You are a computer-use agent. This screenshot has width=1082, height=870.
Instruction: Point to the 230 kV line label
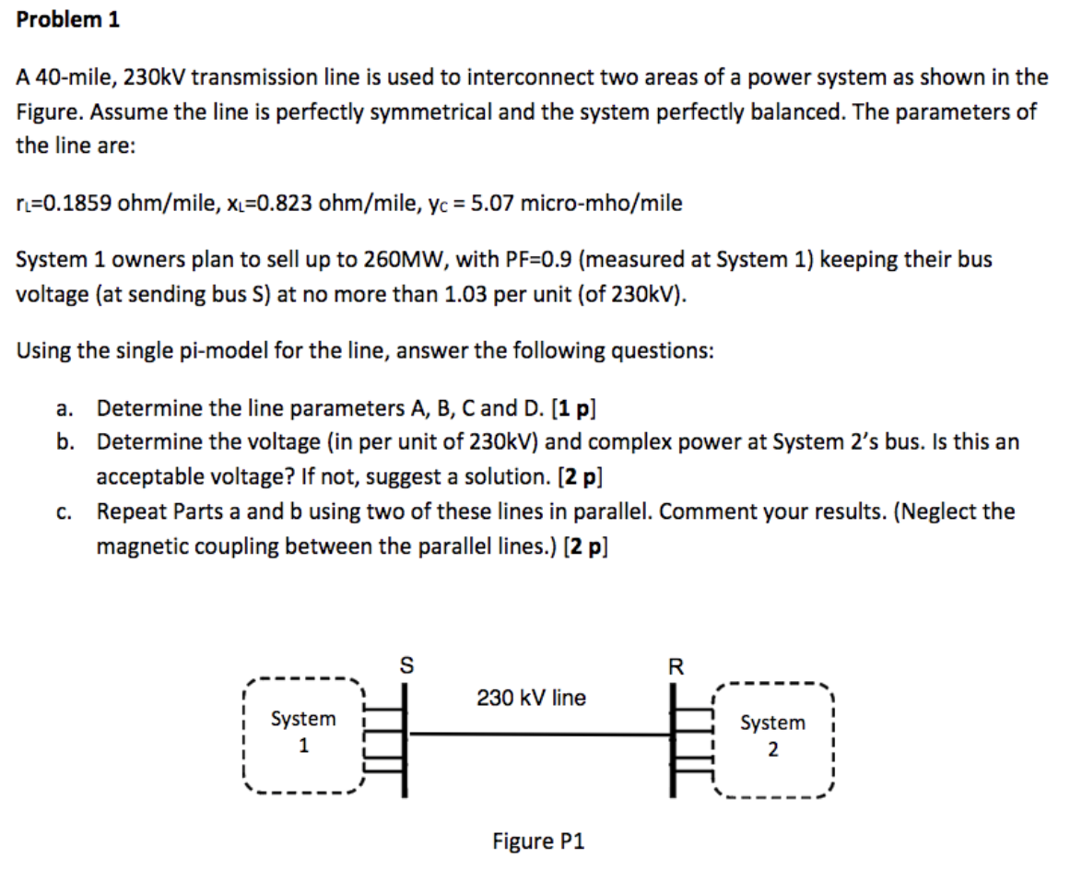[531, 699]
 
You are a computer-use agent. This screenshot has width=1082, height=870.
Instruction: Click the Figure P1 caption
[538, 841]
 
